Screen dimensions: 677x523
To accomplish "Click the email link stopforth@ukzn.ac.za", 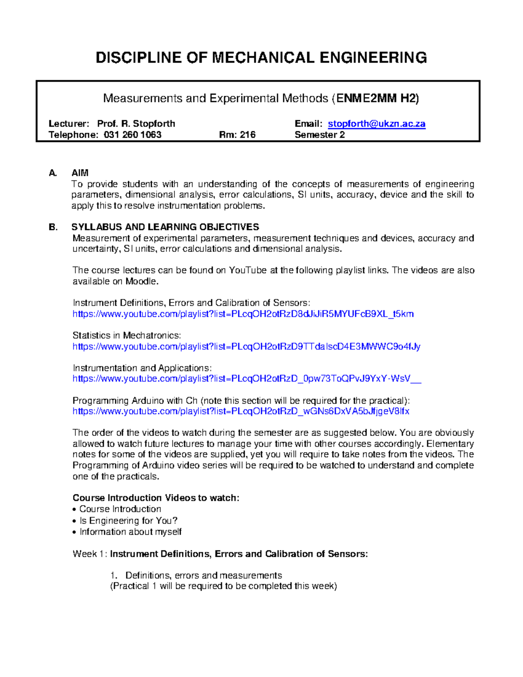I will tap(376, 124).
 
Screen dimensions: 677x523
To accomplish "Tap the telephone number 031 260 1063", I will tap(132, 135).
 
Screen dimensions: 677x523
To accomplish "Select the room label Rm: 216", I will tap(237, 135).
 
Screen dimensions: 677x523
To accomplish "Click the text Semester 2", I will tap(319, 135).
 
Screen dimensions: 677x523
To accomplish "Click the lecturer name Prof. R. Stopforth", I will tap(136, 124).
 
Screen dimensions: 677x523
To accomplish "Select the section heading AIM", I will tap(80, 173).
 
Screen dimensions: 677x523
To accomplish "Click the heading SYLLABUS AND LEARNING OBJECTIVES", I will tap(165, 227).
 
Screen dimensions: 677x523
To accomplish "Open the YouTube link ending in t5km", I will tap(243, 314).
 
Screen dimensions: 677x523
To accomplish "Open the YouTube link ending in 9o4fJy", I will tap(246, 347).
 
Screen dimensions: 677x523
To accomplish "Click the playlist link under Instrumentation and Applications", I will tap(247, 378).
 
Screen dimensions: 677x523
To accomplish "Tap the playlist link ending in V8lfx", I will tap(241, 411).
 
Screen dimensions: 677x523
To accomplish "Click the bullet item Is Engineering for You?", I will tap(128, 521).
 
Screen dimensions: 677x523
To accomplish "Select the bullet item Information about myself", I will tap(130, 532).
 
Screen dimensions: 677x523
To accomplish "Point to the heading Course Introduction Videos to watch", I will tap(156, 498).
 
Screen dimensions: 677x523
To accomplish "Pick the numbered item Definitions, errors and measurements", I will tap(204, 575).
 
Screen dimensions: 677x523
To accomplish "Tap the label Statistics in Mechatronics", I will tap(126, 336).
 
